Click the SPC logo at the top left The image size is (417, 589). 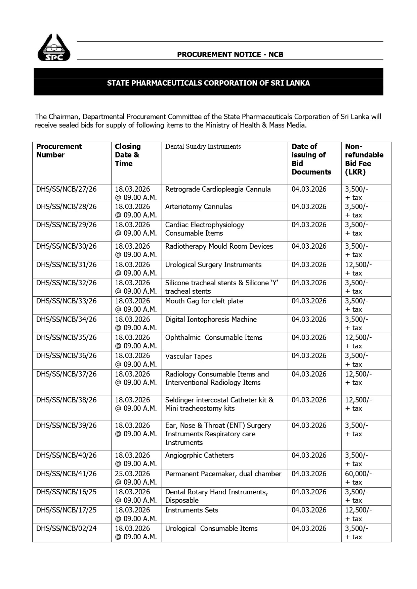[x=54, y=48]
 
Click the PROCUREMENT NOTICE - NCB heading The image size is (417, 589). [x=230, y=54]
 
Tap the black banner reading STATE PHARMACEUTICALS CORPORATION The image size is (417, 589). [x=208, y=83]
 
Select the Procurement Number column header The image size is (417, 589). [x=59, y=151]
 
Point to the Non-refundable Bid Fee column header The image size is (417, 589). [x=364, y=159]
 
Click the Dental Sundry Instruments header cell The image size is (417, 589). [x=203, y=147]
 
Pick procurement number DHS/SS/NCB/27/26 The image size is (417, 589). [x=67, y=189]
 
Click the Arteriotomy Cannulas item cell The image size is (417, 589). [x=198, y=207]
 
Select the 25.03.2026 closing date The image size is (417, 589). [x=132, y=474]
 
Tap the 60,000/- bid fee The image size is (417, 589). [x=358, y=474]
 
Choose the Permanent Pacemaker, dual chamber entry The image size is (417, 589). [x=223, y=474]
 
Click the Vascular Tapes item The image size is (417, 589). [x=189, y=356]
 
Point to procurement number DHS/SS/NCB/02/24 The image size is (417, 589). [x=67, y=528]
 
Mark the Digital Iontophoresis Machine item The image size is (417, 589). [x=211, y=320]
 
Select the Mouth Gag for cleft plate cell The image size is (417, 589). [x=204, y=301]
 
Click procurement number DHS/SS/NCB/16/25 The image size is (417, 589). [x=67, y=492]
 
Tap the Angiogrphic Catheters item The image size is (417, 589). [x=199, y=455]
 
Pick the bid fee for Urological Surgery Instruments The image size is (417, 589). [x=358, y=265]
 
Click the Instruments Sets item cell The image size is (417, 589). [x=192, y=510]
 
